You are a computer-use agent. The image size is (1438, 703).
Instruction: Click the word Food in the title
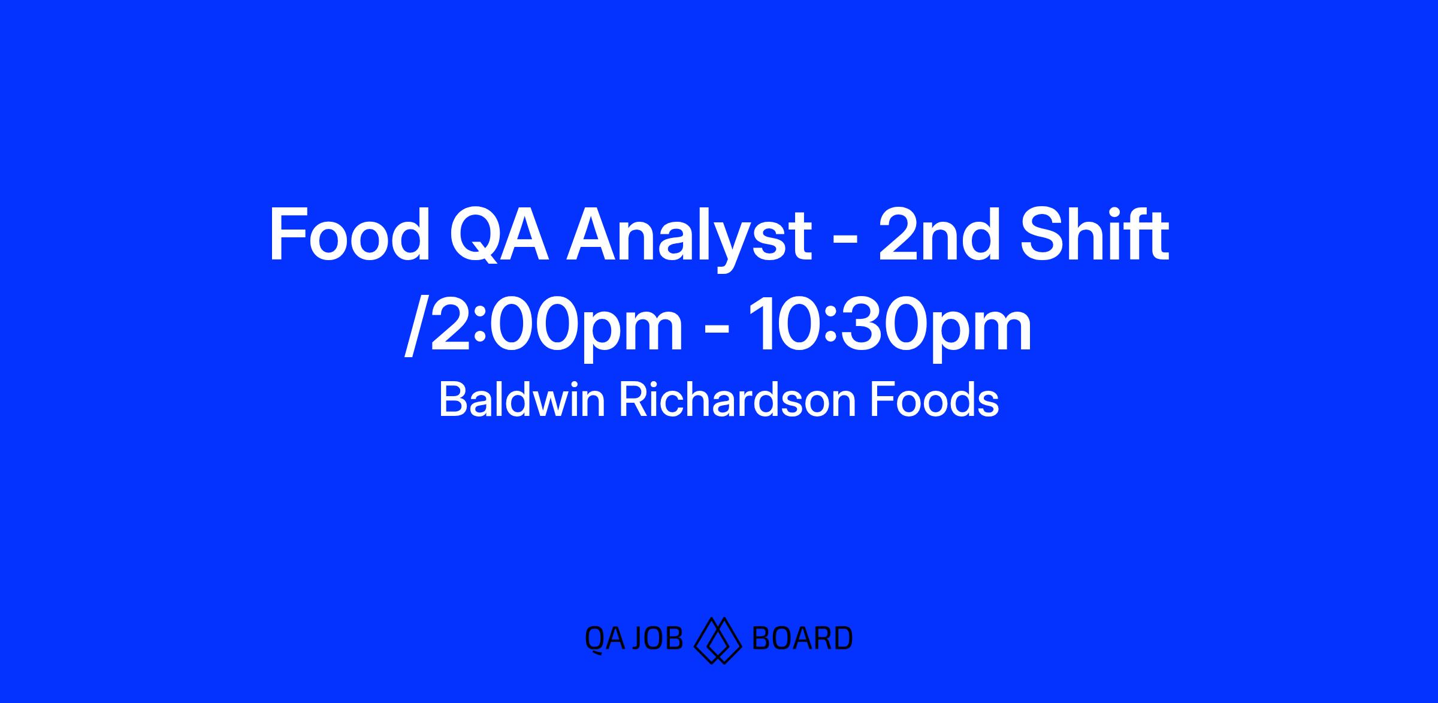click(x=349, y=235)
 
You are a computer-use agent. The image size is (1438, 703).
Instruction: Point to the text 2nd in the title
click(x=939, y=235)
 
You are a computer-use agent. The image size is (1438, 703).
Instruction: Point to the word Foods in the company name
click(x=934, y=400)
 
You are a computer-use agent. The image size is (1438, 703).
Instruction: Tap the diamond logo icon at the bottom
click(x=718, y=640)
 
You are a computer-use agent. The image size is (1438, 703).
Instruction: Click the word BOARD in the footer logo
click(x=802, y=639)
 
